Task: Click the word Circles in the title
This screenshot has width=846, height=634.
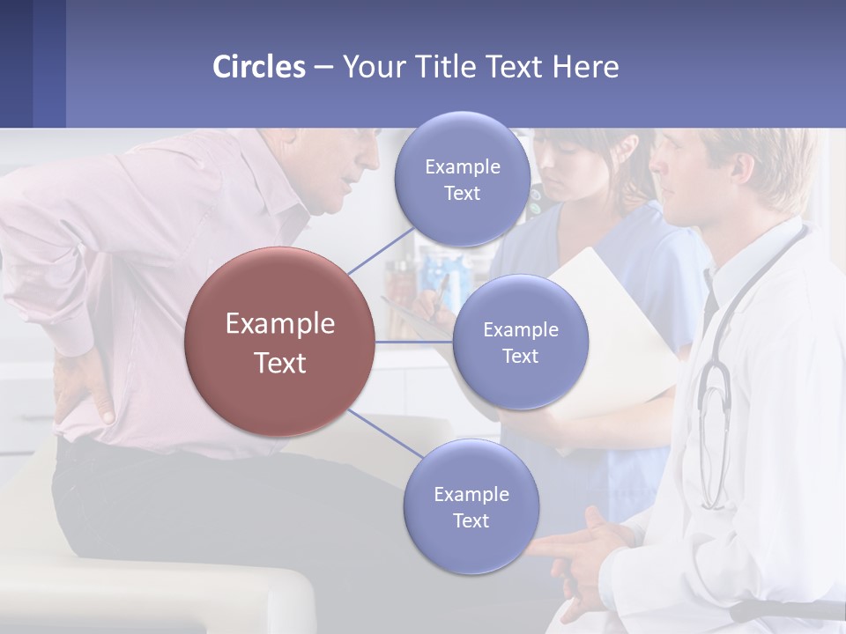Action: [x=258, y=67]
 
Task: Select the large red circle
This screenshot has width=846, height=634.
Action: [x=279, y=342]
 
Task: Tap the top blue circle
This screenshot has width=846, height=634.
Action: [x=462, y=179]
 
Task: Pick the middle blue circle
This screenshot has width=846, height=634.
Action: [x=520, y=342]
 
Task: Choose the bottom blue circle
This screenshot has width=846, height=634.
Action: [x=471, y=506]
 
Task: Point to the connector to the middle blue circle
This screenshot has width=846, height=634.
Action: [x=414, y=342]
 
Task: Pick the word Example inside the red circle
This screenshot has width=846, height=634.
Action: [x=279, y=323]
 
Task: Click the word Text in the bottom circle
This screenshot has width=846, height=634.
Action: [x=471, y=520]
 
